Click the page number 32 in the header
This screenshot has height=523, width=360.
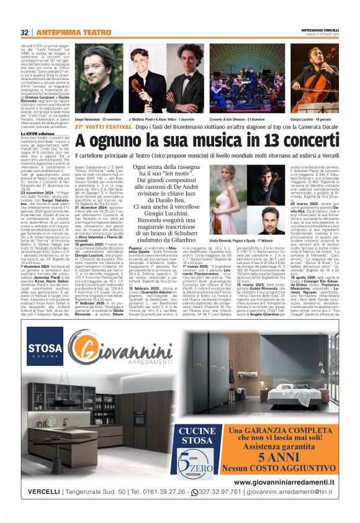(25, 32)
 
